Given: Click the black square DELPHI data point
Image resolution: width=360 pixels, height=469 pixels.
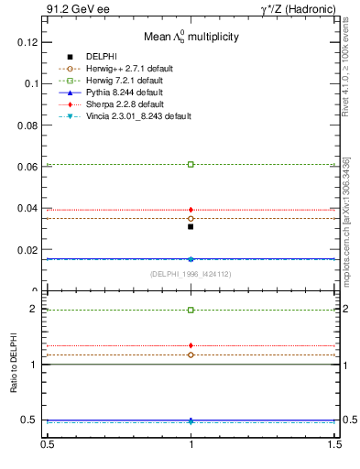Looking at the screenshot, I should (191, 226).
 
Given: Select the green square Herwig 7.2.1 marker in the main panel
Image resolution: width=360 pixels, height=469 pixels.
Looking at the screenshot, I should (191, 164).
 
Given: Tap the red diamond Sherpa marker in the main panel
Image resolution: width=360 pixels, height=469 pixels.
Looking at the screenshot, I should (191, 210).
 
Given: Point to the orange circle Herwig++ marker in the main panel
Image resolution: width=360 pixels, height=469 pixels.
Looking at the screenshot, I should (191, 218).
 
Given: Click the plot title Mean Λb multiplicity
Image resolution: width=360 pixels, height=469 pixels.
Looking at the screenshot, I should (191, 37).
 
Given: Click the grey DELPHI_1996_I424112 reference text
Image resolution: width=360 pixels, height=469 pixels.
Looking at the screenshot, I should (191, 274).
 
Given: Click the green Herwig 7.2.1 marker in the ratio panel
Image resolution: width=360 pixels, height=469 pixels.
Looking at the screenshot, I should (191, 310).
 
